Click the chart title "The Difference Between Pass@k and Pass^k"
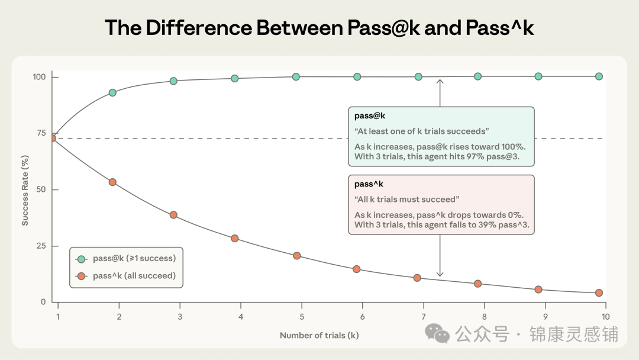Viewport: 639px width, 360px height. pos(319,27)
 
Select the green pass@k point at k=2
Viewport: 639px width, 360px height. pos(112,92)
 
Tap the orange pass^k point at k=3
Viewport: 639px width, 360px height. pos(173,215)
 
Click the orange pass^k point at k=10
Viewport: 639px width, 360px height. pos(599,292)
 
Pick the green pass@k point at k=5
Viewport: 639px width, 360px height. pos(296,76)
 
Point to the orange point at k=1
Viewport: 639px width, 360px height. pos(52,138)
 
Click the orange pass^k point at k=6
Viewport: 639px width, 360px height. pos(356,269)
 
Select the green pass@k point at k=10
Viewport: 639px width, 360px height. pos(599,76)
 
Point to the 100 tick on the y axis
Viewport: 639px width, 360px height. pos(40,77)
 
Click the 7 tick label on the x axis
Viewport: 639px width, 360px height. pos(424,317)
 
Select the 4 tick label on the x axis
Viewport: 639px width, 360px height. pos(241,317)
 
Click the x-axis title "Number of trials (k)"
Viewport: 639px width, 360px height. pos(319,336)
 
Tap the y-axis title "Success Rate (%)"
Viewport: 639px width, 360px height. pos(25,189)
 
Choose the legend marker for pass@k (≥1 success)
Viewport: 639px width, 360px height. pos(82,259)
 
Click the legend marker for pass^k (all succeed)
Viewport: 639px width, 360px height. pos(82,276)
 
